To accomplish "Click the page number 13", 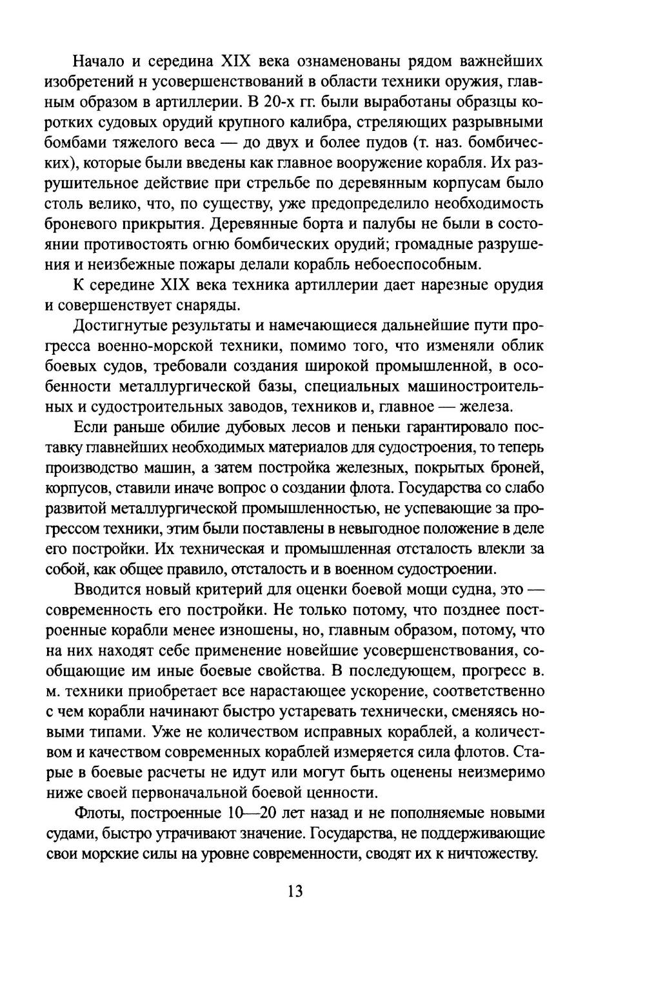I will tap(295, 892).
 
